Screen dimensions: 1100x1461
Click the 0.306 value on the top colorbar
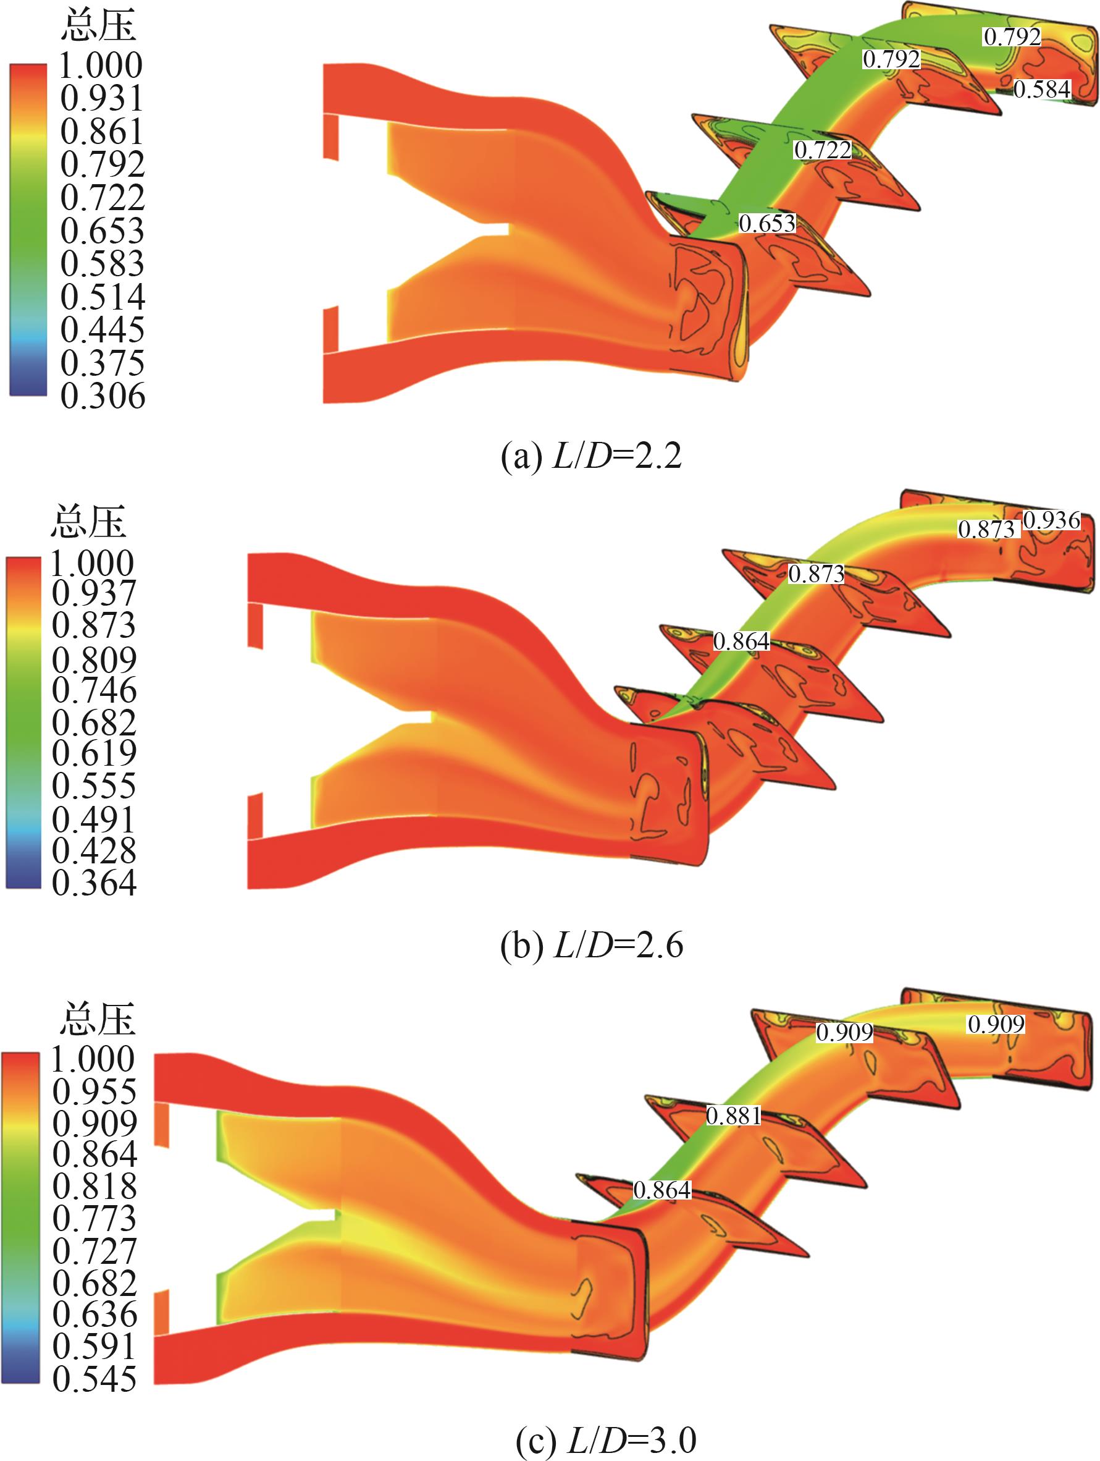coord(103,396)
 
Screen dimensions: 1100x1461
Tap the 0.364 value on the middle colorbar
coord(94,883)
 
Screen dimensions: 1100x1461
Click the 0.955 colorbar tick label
coord(94,1092)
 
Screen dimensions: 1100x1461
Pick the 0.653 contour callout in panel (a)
coord(767,223)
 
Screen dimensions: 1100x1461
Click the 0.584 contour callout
coord(1042,89)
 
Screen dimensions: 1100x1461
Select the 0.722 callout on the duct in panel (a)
coord(823,150)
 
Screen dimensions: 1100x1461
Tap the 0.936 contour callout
coord(1052,520)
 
